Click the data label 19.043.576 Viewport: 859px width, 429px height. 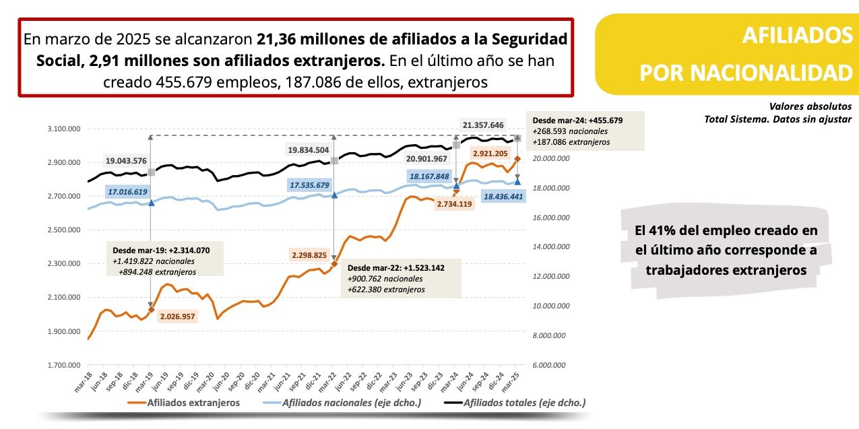126,161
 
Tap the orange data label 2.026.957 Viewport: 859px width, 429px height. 178,316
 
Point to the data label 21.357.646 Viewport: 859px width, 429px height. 483,125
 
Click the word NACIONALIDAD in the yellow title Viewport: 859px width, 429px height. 745,72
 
